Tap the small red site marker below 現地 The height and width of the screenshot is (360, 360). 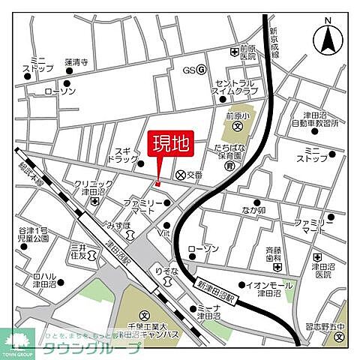[x=157, y=184]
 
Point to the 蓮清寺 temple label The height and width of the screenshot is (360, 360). [x=77, y=62]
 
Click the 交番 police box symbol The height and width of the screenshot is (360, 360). [x=181, y=175]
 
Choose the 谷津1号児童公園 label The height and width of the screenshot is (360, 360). [x=34, y=233]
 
